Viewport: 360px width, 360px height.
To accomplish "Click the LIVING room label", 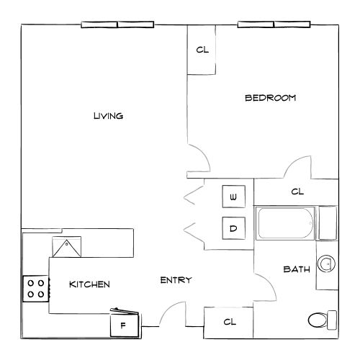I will pyautogui.click(x=109, y=116).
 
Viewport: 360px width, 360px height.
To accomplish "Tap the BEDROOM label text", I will pyautogui.click(x=270, y=98).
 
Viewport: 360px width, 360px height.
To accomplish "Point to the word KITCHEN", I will pyautogui.click(x=89, y=284).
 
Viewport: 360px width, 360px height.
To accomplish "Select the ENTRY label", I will pyautogui.click(x=175, y=280).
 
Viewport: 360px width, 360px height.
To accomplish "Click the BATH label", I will pyautogui.click(x=297, y=270).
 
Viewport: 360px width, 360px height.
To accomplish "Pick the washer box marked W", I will pyautogui.click(x=233, y=197).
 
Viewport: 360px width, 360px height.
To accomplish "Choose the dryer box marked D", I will pyautogui.click(x=233, y=229).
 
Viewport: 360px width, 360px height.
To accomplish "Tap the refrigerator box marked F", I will pyautogui.click(x=124, y=325).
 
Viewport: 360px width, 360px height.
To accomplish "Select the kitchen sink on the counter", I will pyautogui.click(x=66, y=247).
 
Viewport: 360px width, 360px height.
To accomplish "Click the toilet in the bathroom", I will pyautogui.click(x=321, y=318).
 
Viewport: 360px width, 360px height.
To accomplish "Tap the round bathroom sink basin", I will pyautogui.click(x=328, y=264).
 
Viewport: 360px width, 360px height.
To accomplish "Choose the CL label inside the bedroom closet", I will pyautogui.click(x=202, y=50).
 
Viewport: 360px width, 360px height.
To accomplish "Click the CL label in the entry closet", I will pyautogui.click(x=230, y=322).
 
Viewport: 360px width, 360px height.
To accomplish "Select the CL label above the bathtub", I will pyautogui.click(x=297, y=192).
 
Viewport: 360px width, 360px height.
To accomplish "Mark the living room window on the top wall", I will pyautogui.click(x=117, y=24).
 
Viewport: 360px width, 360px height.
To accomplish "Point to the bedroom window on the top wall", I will pyautogui.click(x=274, y=24).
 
